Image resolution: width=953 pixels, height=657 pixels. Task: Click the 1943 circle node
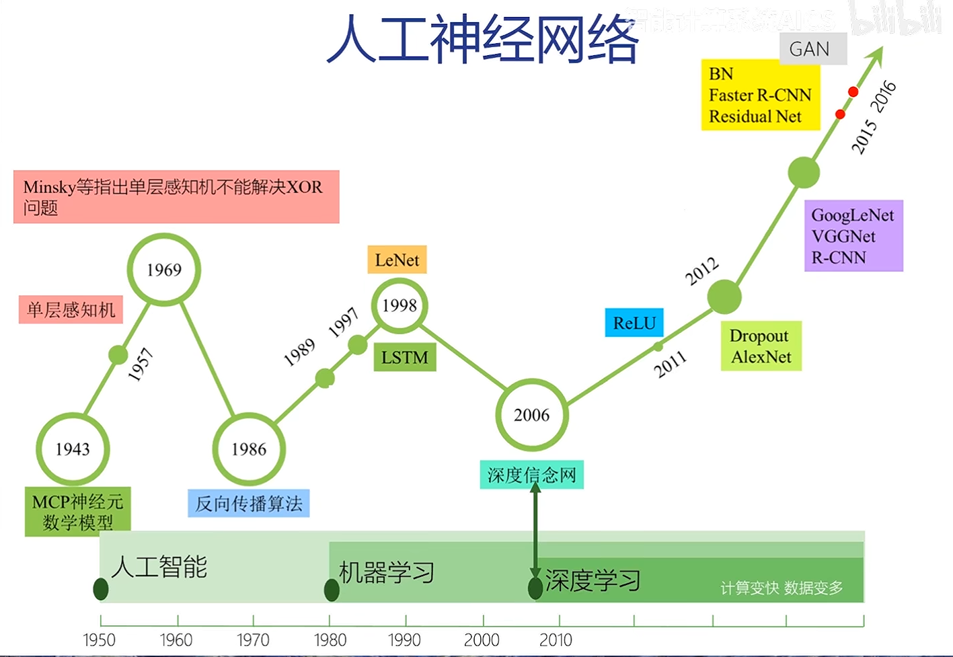73,449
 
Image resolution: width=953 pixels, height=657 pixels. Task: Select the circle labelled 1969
164,270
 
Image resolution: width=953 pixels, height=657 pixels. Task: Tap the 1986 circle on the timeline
249,449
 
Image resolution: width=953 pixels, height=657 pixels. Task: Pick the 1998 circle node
399,306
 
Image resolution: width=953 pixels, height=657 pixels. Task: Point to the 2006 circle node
531,415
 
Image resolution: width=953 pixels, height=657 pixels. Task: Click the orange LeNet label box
397,260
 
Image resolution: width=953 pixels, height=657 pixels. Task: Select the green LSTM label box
405,358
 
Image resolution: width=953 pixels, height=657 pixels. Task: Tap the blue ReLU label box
634,323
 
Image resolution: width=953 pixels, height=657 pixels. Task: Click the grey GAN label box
812,49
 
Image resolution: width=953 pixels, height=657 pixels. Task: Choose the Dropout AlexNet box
761,346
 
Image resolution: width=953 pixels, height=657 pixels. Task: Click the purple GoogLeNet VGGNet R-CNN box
853,236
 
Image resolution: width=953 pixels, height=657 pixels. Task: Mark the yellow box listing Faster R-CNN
760,95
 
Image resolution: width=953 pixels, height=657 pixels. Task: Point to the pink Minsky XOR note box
176,196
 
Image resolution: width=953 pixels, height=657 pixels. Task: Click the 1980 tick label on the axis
330,640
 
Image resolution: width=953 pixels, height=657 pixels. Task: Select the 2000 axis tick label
482,640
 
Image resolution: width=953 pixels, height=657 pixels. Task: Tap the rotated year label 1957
141,364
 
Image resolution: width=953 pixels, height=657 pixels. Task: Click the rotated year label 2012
702,271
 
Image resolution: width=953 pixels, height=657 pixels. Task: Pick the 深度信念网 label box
531,475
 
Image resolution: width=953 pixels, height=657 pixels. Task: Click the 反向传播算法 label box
248,504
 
